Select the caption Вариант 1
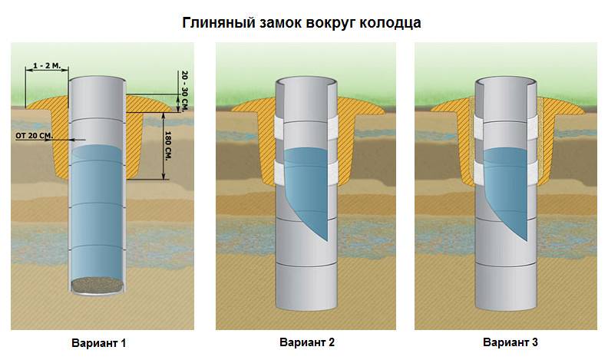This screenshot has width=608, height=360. pos(98,343)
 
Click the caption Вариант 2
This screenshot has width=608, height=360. pos(307,342)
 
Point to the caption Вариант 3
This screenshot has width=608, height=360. pos(511,342)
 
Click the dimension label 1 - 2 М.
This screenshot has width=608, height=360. pos(47,66)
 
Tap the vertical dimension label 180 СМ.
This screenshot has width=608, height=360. pos(168,146)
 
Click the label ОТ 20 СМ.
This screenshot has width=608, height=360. pos(33,136)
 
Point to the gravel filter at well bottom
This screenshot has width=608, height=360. pos(97,285)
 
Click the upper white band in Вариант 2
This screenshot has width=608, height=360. pos(306,127)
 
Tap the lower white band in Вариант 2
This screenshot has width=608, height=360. pos(306,172)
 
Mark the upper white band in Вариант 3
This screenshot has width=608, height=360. pos(506,127)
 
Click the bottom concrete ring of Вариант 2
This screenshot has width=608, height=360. pos(306,287)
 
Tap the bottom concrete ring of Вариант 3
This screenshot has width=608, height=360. pos(506,287)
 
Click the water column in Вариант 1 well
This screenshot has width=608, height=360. pos(97,213)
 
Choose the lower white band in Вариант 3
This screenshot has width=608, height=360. pos(506,172)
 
